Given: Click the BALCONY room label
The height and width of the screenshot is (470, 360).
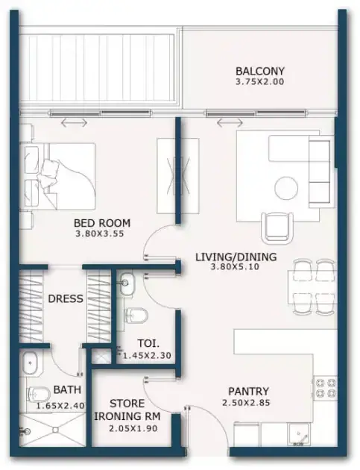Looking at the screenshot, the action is click(259, 72).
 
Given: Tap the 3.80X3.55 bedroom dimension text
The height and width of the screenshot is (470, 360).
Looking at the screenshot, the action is click(100, 234).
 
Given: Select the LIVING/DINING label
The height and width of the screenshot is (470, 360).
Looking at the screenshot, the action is click(236, 257).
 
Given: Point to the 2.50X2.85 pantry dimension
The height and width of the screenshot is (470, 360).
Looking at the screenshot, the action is click(246, 402).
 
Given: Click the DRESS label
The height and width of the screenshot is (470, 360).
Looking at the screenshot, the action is click(66, 298).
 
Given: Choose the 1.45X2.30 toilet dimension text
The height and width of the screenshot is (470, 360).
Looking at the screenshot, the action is click(147, 356).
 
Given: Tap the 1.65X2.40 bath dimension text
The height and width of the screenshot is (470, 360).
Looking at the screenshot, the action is click(60, 406).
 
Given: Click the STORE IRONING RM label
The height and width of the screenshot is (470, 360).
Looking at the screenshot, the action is click(127, 410).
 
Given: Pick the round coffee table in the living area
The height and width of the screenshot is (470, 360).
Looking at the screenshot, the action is click(286, 188).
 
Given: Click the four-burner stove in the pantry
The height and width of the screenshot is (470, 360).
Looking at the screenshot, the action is click(325, 388).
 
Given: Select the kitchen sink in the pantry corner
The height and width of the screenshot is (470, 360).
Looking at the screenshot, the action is click(299, 435).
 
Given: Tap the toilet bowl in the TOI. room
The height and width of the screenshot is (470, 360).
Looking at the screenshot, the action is click(136, 316).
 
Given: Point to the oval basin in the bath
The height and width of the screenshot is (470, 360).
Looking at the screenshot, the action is click(30, 363).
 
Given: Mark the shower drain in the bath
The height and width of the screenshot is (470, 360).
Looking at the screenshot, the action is click(55, 430).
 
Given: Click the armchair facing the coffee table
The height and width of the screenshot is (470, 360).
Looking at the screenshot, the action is click(277, 228).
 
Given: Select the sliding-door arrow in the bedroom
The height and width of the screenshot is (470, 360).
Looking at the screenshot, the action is click(74, 122).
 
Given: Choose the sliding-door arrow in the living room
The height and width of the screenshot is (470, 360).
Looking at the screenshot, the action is click(230, 122).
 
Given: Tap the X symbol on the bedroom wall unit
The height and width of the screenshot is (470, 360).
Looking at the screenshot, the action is click(178, 176).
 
